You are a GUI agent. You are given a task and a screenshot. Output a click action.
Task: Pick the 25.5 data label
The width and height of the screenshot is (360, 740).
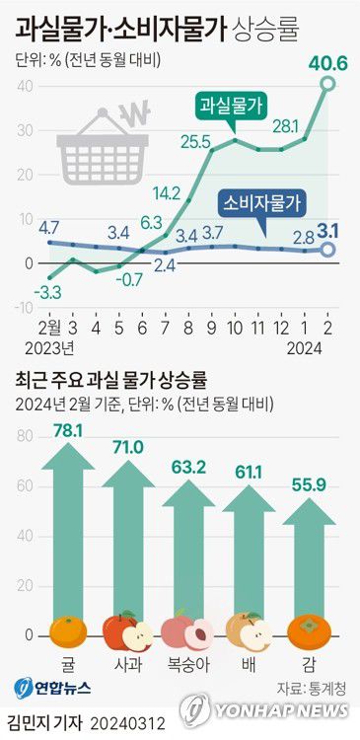(x=196, y=141)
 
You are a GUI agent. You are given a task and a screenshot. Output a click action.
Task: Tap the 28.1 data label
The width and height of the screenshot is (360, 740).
(x=284, y=125)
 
